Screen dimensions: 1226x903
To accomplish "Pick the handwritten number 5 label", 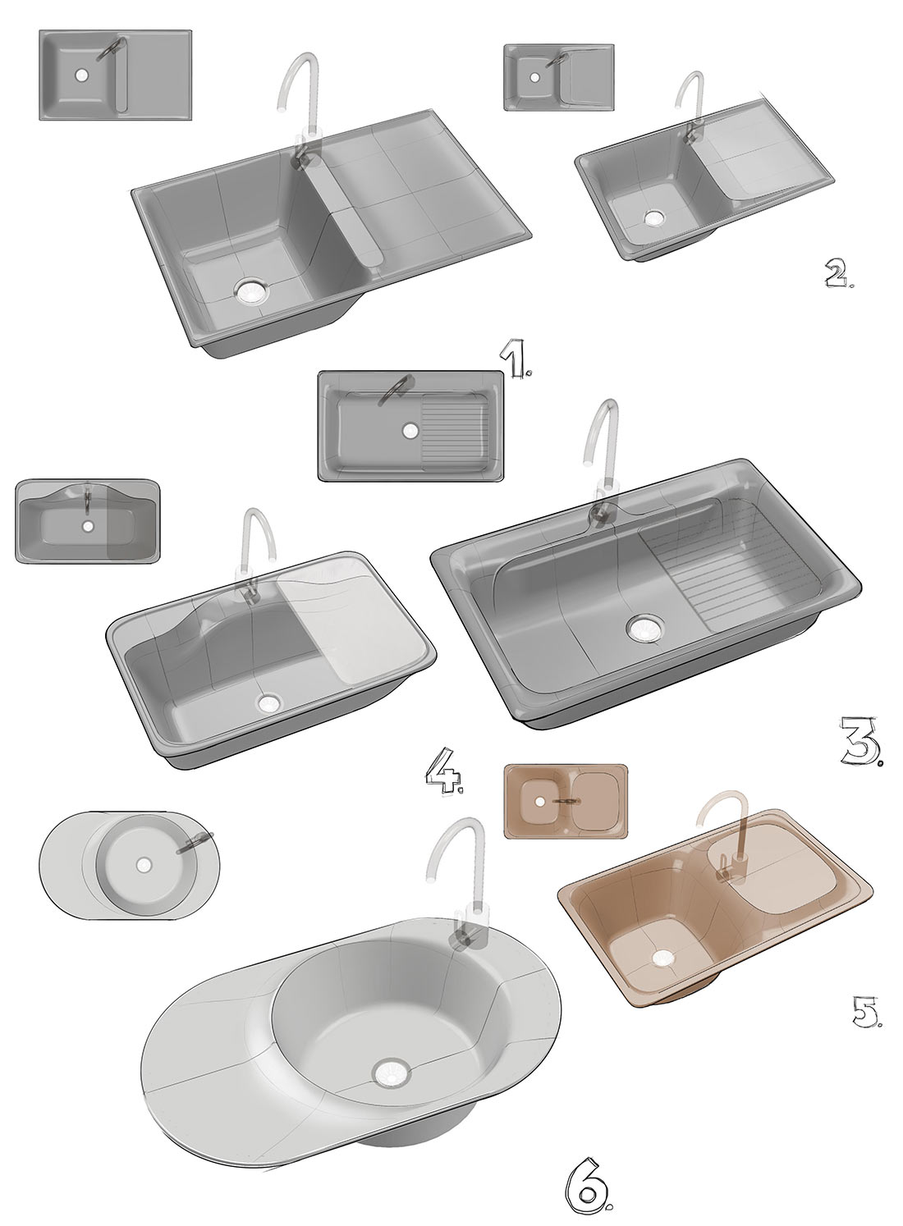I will [x=864, y=1014].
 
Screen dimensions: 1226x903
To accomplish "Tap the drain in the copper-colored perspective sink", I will [x=662, y=957].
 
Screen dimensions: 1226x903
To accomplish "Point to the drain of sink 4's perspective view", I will [x=268, y=703].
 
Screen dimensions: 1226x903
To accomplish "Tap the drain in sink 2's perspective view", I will [x=653, y=218].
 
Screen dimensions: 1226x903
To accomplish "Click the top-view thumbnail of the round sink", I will [x=130, y=864].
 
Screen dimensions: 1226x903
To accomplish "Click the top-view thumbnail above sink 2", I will [x=558, y=77].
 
